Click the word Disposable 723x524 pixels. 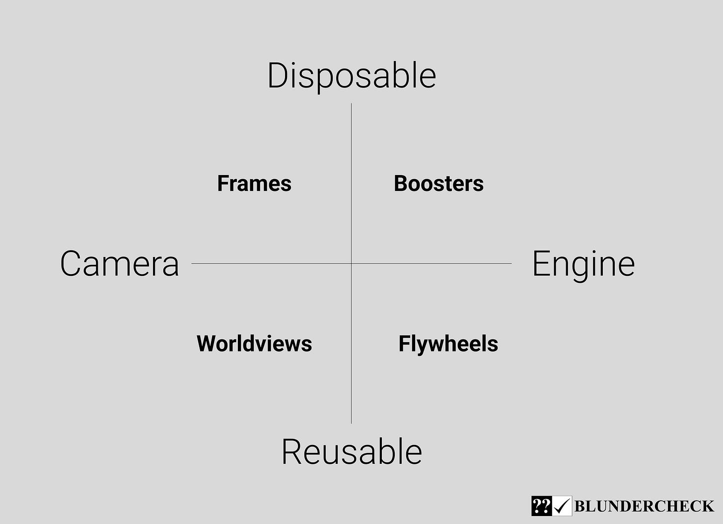tap(352, 76)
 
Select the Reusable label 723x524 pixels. tap(352, 452)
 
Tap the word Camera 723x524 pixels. tap(119, 263)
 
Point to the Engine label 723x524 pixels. tap(583, 263)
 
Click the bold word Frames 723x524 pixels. tap(254, 183)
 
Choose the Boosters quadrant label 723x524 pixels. tap(438, 183)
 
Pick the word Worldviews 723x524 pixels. tap(254, 344)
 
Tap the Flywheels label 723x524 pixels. tap(448, 344)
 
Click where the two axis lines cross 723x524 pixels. tap(352, 263)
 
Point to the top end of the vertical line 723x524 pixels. tap(352, 104)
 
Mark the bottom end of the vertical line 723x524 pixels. tap(352, 423)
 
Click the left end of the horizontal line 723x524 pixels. tap(193, 263)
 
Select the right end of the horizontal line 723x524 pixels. tap(510, 263)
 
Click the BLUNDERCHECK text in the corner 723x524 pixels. tap(644, 506)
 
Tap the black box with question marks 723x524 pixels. tap(541, 506)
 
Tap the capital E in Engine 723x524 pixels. tap(541, 263)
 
